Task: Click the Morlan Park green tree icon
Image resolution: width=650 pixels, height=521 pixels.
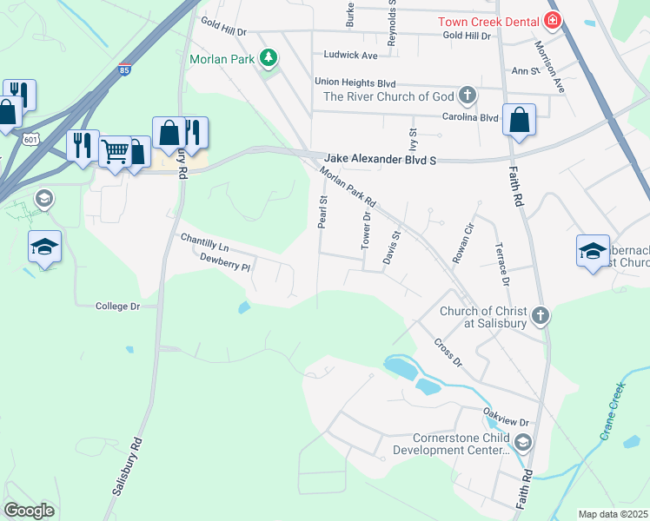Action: click(269, 58)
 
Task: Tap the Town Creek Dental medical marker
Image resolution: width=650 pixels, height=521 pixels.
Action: click(552, 21)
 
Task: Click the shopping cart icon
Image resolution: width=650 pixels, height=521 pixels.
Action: click(114, 151)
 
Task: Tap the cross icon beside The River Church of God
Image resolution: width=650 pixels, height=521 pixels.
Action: click(468, 95)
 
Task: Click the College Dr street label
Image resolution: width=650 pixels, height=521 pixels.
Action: click(117, 307)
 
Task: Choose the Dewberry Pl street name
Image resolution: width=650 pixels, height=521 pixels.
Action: click(224, 258)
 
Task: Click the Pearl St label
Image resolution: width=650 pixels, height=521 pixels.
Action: click(322, 212)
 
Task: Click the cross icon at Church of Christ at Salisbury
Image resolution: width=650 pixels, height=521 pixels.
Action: click(540, 314)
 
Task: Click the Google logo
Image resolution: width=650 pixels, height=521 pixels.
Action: click(29, 511)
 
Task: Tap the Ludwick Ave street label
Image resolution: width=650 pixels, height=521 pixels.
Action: click(349, 55)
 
